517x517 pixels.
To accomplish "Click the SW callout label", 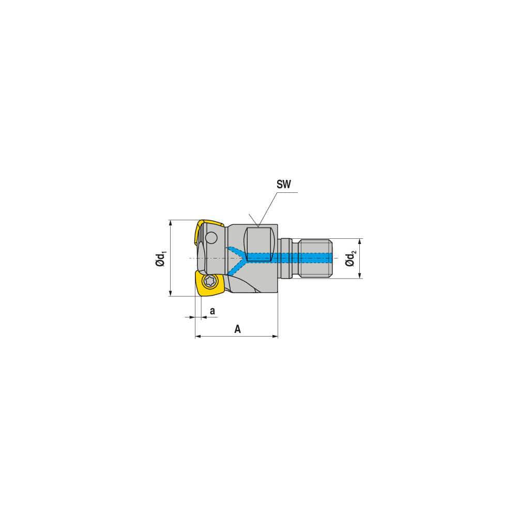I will click(284, 184).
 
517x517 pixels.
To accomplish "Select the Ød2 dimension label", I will click(351, 258).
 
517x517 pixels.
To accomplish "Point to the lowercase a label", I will click(212, 310).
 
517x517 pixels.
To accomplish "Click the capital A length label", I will click(237, 329).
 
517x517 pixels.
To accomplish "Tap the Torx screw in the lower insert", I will click(210, 282).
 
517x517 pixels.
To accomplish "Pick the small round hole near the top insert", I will click(210, 238).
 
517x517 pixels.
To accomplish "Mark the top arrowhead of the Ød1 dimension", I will click(170, 223).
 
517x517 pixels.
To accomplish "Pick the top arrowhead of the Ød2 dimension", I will click(360, 241).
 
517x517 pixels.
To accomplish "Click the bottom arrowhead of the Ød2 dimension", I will click(360, 276).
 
